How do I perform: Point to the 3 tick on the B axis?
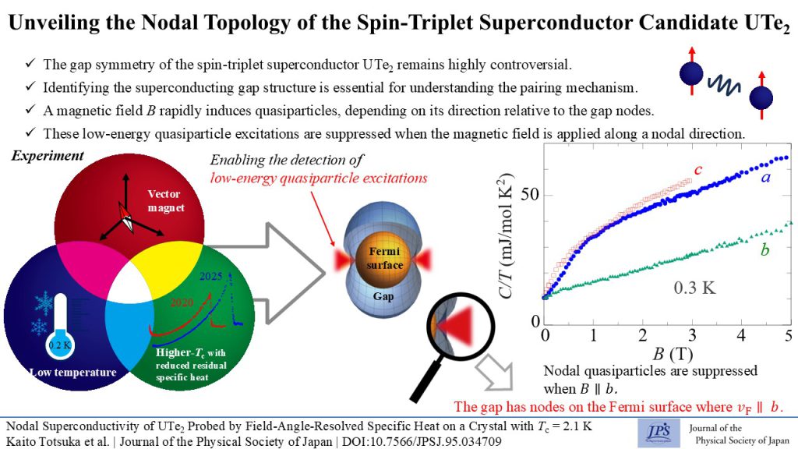tap(691, 336)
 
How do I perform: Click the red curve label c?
tap(677, 170)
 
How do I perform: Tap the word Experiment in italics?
tap(48, 156)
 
